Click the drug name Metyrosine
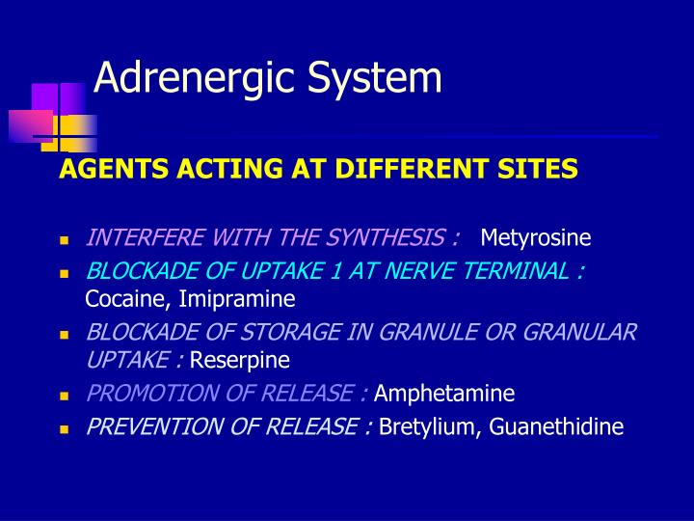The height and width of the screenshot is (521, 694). [x=536, y=237]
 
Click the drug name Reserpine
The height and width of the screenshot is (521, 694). [x=240, y=361]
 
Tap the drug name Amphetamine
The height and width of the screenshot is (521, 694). [x=443, y=394]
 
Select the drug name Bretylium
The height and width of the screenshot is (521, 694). [x=422, y=425]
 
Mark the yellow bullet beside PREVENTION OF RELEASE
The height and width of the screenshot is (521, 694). [x=65, y=427]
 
